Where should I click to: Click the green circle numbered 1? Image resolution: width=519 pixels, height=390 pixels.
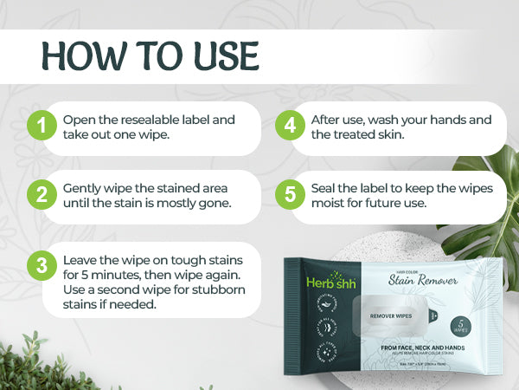40,127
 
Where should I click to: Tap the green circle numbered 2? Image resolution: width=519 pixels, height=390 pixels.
40,195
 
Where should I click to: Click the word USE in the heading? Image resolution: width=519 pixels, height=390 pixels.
221,55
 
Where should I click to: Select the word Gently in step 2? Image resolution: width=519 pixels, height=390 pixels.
84,187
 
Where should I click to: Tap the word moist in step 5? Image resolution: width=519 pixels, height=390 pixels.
331,204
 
